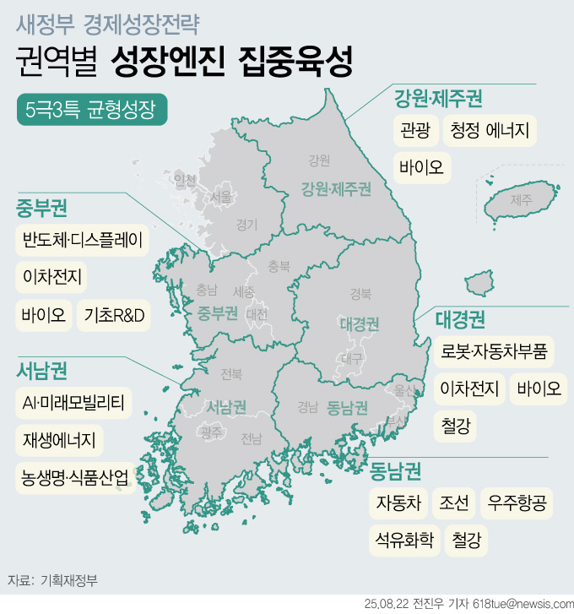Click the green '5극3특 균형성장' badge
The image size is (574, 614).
click(x=90, y=110)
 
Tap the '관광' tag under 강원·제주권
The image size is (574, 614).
click(x=415, y=131)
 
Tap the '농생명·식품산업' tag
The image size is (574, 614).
click(x=75, y=478)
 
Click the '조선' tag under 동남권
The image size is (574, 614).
click(x=454, y=504)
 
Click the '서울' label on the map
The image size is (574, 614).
click(x=222, y=197)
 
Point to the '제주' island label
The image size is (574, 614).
click(x=521, y=200)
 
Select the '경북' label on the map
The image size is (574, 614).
click(x=360, y=294)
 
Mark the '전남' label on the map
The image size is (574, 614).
click(x=251, y=438)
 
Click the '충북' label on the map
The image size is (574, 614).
click(x=279, y=266)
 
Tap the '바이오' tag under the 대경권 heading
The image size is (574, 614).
click(x=539, y=389)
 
